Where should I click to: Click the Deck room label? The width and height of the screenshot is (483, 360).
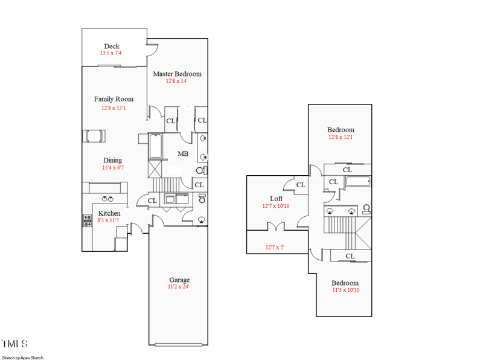(x=111, y=46)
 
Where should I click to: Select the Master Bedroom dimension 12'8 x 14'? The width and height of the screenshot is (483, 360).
(x=177, y=81)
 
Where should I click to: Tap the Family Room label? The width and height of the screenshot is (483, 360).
(x=114, y=99)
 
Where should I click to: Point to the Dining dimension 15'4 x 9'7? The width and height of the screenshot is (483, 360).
(x=112, y=168)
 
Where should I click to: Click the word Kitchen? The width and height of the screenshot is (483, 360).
(x=109, y=213)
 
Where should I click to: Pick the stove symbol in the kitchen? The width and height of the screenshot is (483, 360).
(x=86, y=221)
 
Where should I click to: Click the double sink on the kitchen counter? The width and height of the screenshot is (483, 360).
(x=108, y=198)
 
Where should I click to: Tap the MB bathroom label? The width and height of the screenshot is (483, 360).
(x=183, y=154)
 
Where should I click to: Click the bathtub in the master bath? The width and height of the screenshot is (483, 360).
(x=156, y=146)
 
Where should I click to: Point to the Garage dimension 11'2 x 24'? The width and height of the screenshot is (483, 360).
(x=179, y=287)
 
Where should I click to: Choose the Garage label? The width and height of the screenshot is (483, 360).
(x=179, y=280)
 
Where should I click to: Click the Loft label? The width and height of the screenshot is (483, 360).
(x=276, y=199)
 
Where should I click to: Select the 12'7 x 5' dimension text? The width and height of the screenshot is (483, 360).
(x=275, y=246)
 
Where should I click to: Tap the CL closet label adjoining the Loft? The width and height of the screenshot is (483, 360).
(x=301, y=185)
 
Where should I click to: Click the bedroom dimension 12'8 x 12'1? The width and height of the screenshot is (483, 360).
(x=341, y=137)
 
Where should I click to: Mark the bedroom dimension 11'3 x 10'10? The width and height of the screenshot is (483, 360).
(x=345, y=290)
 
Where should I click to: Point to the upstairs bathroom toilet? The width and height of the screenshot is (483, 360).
(x=366, y=210)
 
